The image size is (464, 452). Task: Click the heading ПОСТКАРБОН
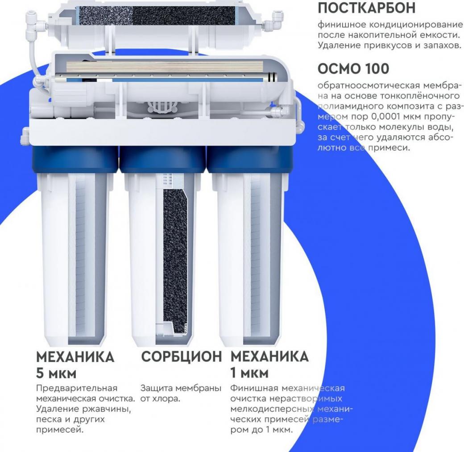(367, 8)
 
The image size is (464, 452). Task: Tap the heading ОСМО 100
(353, 69)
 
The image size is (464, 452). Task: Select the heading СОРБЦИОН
(182, 357)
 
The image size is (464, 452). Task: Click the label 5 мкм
(56, 373)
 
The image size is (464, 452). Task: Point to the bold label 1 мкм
(249, 373)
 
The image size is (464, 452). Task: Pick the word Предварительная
(77, 388)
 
